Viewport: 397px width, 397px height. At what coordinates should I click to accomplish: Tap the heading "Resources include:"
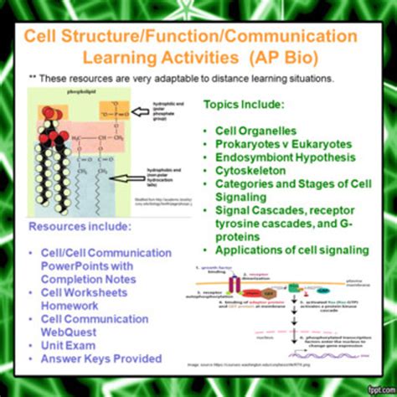pyautogui.click(x=81, y=226)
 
